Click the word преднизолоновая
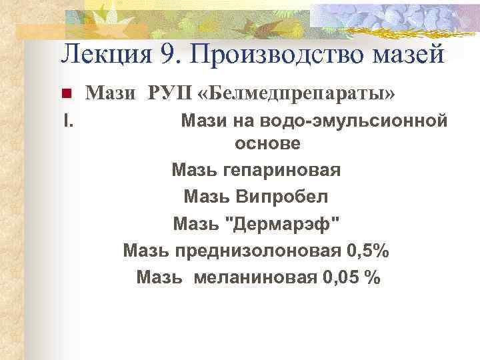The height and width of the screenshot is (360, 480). click(x=259, y=251)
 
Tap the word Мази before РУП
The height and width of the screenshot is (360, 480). click(x=111, y=95)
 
